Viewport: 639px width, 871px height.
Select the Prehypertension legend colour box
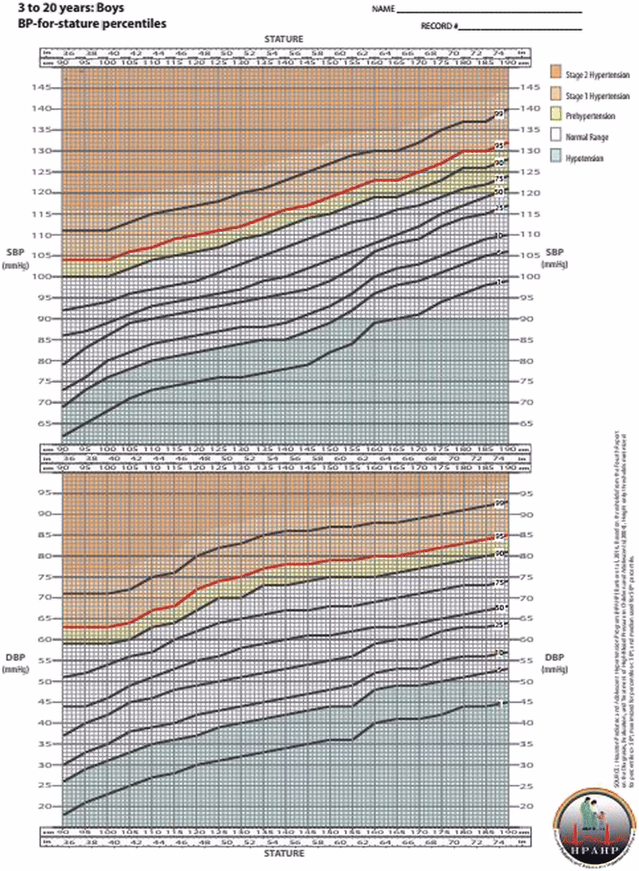coord(556,115)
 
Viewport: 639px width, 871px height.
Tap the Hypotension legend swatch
coord(556,159)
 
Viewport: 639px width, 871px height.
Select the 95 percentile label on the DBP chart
coord(499,536)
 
